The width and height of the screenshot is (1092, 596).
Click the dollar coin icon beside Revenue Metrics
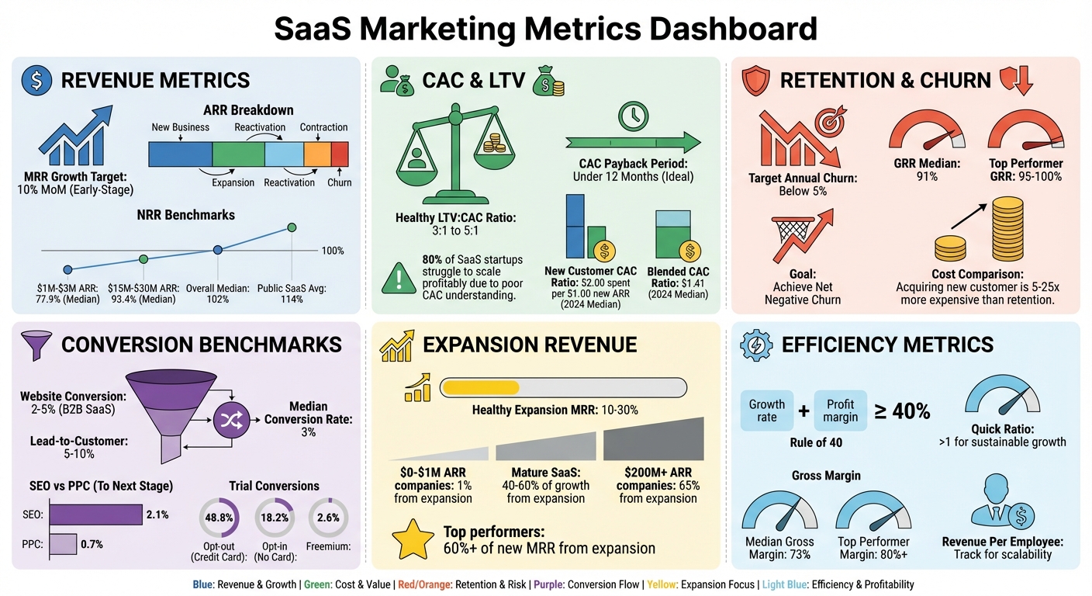click(x=36, y=81)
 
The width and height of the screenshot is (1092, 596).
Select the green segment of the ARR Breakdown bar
click(x=238, y=154)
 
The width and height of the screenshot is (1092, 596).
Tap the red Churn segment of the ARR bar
click(x=340, y=154)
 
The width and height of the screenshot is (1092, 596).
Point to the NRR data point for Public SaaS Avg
click(x=292, y=227)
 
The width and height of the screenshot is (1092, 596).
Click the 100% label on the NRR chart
click(x=332, y=251)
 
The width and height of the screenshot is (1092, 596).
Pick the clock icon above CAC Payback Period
click(x=633, y=116)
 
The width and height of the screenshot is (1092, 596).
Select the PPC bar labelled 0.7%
click(x=63, y=544)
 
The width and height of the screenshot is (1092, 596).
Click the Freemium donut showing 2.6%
click(x=329, y=517)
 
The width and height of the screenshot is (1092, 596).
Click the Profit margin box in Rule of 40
click(x=840, y=411)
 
